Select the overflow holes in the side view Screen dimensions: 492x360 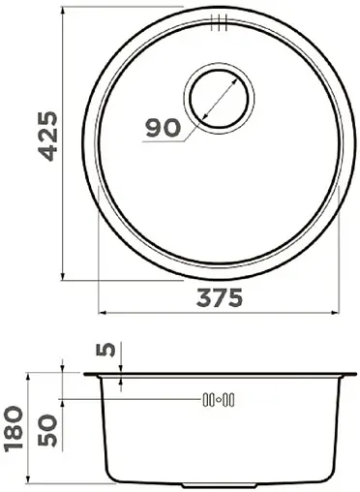[x=219, y=399]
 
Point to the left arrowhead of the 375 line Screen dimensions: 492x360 [x=104, y=313]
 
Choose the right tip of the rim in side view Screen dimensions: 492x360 [x=353, y=374]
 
